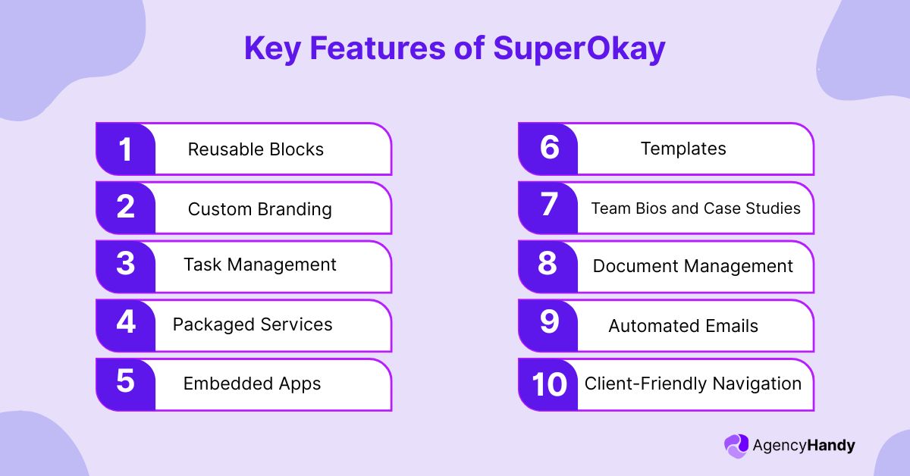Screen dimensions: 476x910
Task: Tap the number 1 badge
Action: tap(125, 149)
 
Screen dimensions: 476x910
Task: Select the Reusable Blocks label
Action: tap(256, 149)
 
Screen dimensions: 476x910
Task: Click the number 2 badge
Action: tap(125, 208)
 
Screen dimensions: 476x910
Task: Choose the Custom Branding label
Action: tap(259, 208)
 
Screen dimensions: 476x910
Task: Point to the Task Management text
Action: tap(259, 265)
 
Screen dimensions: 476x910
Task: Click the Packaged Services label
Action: tap(253, 324)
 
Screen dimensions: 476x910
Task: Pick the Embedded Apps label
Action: tap(252, 384)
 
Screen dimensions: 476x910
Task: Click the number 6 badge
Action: tap(548, 149)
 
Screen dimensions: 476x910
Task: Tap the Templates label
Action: tap(683, 149)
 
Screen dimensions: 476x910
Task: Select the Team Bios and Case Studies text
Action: tap(695, 208)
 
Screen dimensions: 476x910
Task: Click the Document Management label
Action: tap(692, 266)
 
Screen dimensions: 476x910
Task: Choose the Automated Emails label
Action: tap(682, 326)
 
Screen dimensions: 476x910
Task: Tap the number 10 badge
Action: tap(548, 384)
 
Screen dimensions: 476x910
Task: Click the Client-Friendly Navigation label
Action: tap(692, 384)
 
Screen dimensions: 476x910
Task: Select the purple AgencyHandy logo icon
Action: tap(736, 446)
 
